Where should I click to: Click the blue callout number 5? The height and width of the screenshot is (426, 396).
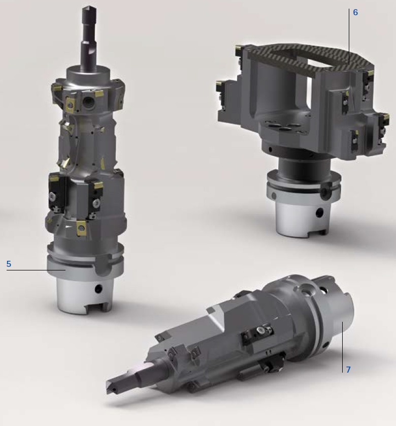click(x=9, y=264)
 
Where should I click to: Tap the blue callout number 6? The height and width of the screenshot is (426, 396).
click(x=355, y=12)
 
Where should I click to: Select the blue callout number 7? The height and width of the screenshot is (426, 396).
click(x=348, y=370)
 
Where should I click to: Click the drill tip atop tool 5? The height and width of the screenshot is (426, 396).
click(x=88, y=10)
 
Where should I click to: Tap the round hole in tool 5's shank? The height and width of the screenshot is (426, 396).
click(x=98, y=289)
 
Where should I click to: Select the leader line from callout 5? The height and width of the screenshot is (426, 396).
click(x=36, y=270)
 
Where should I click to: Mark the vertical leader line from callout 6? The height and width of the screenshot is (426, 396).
click(x=349, y=37)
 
